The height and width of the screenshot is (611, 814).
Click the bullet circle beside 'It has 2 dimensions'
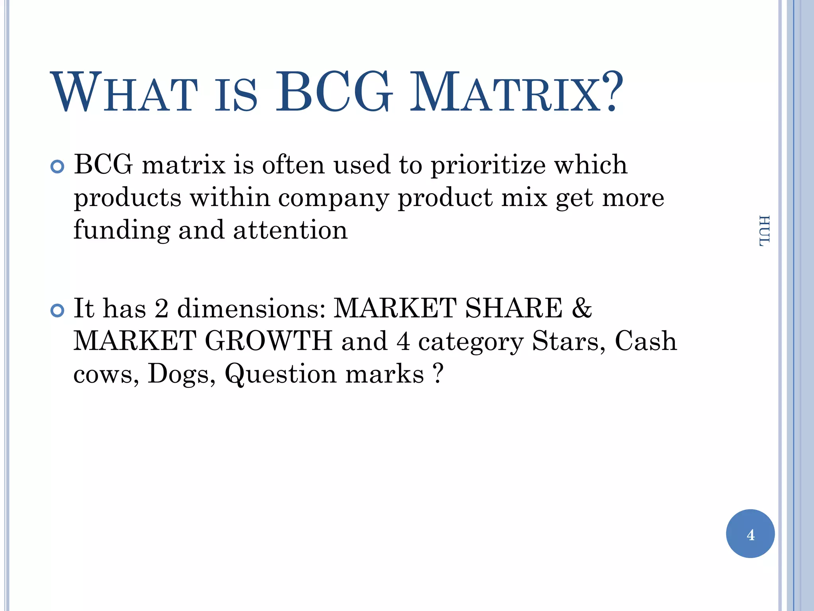[58, 310]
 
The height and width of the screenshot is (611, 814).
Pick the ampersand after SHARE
[581, 308]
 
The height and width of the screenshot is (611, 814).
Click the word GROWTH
[268, 341]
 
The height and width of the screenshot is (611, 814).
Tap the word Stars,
[569, 341]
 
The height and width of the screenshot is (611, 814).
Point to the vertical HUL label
[764, 231]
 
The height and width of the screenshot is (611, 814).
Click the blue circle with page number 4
[750, 534]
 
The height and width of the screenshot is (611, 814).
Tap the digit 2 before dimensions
[161, 308]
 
